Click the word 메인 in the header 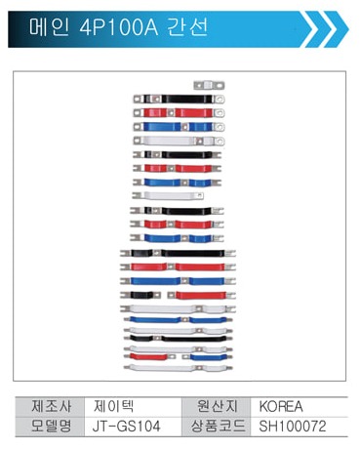click(49, 27)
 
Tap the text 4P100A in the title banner click(119, 27)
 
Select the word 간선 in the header click(187, 27)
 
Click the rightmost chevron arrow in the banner click(337, 29)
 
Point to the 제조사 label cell click(50, 407)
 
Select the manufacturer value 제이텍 click(113, 407)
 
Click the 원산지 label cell click(217, 407)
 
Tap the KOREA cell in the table click(281, 407)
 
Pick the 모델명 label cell click(50, 427)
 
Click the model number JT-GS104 click(127, 427)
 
